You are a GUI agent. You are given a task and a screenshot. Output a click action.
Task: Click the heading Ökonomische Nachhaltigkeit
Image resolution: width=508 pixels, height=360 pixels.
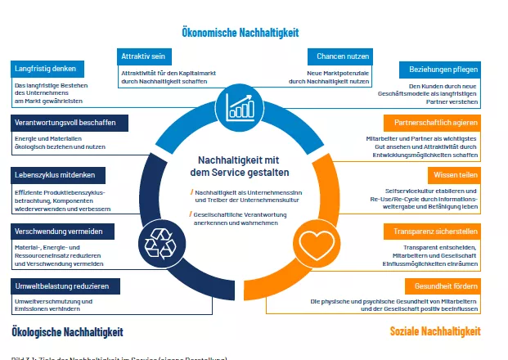coord(241,32)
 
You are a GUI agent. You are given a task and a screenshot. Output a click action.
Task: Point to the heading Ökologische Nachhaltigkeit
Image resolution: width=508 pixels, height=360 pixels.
coord(68,331)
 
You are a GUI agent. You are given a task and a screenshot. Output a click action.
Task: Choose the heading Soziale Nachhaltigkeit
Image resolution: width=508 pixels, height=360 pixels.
coord(434,331)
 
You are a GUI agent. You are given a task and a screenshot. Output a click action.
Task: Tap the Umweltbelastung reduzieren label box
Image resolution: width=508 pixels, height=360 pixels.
coord(65,286)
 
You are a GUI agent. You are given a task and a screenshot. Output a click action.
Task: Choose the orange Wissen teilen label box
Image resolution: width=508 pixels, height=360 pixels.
coord(453,175)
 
